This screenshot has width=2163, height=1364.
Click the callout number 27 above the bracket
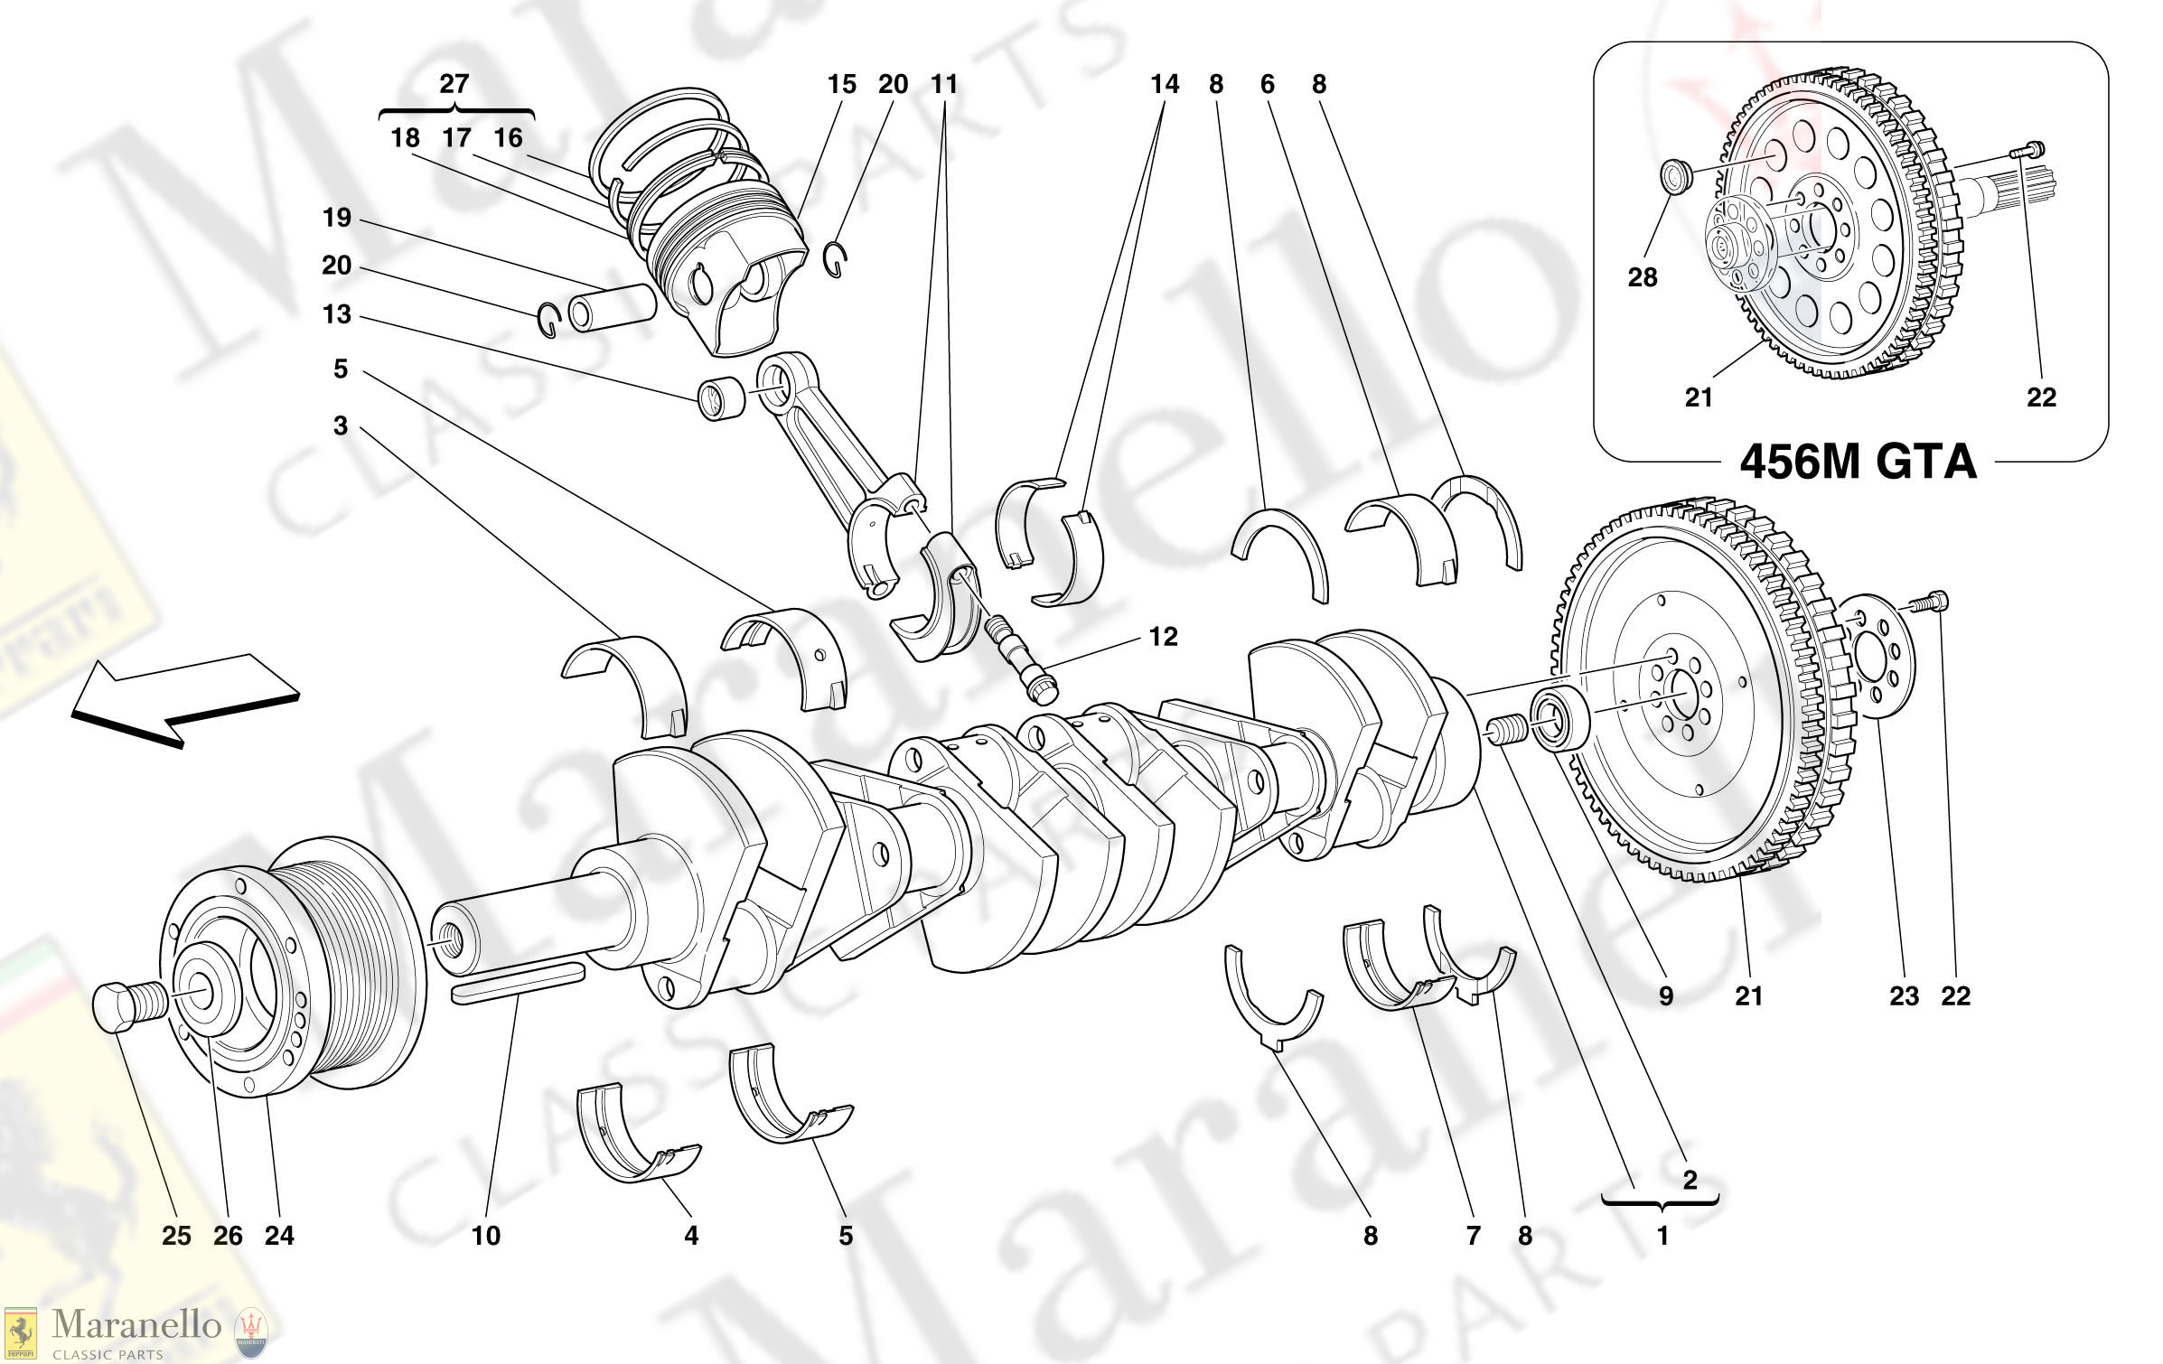point(454,84)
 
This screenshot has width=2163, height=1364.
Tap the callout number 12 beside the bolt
point(1163,637)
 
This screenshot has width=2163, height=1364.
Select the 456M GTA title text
point(1858,462)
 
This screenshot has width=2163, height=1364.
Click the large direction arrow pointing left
point(181,698)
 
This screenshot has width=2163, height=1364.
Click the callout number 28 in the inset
point(1642,277)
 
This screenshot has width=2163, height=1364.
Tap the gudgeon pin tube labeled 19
point(612,308)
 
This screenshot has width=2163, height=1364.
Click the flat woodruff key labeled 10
point(518,981)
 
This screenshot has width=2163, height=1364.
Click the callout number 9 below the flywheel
point(1665,996)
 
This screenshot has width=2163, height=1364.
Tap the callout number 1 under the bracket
point(1662,1235)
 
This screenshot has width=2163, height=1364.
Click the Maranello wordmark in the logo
point(136,1325)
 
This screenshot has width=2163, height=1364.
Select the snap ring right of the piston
point(835,260)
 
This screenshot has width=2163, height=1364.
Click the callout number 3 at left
point(340,425)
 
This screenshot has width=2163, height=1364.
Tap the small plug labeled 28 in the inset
point(1676,174)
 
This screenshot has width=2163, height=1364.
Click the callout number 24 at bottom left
point(279,1235)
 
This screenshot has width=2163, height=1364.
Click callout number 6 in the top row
point(1267,84)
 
